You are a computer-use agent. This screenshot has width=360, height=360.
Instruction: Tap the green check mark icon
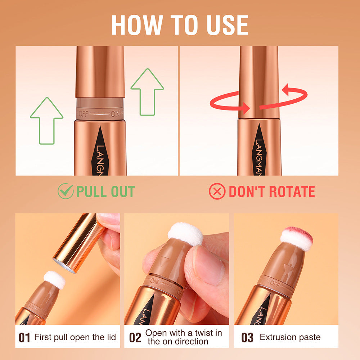click(x=65, y=192)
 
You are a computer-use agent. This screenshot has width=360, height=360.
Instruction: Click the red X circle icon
click(x=217, y=192)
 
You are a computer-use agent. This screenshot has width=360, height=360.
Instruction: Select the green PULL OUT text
click(x=105, y=192)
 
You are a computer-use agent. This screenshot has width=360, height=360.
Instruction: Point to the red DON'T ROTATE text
click(x=272, y=192)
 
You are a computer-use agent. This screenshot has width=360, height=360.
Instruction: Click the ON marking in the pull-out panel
click(x=115, y=113)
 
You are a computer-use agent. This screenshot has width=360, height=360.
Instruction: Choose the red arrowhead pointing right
click(x=246, y=107)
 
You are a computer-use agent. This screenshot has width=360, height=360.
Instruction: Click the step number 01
click(x=24, y=338)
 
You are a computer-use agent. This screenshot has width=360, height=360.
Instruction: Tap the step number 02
click(x=135, y=338)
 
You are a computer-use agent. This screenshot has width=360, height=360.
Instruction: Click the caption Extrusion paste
click(x=290, y=337)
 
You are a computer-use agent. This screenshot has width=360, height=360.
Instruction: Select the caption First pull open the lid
click(x=75, y=337)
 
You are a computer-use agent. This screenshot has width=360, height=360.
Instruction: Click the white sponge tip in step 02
click(x=185, y=233)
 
